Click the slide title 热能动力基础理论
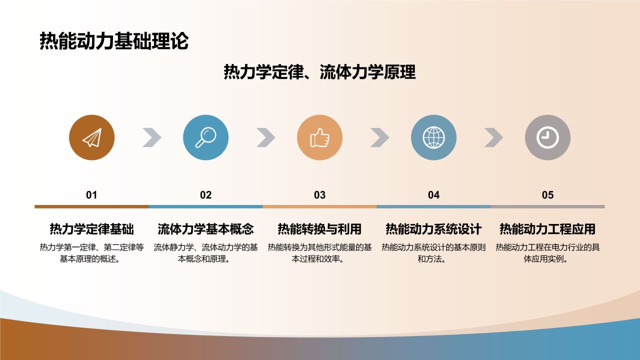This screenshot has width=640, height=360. tap(114, 41)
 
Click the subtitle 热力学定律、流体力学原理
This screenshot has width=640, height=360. tap(319, 72)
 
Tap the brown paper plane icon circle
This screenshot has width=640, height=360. tap(91, 137)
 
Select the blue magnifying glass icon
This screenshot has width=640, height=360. tap(205, 137)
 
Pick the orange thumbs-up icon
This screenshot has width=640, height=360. tap(319, 137)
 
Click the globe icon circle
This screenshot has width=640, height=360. tap(433, 137)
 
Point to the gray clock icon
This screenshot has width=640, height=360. tap(547, 137)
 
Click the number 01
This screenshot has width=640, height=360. tap(91, 195)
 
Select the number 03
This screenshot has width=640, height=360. tap(319, 195)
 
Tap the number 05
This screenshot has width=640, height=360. tap(547, 195)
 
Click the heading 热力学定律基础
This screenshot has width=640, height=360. tap(91, 229)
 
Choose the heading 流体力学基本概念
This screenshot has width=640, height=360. tap(205, 229)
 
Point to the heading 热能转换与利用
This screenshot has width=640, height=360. tap(319, 229)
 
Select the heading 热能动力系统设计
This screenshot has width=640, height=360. tap(433, 229)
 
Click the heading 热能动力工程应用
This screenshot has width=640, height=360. tap(547, 229)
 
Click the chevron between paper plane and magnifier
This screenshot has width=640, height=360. tap(152, 137)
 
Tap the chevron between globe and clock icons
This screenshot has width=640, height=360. tap(494, 137)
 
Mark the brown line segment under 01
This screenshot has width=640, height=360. tap(91, 206)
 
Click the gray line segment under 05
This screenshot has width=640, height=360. tap(547, 206)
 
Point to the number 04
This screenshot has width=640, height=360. tap(433, 195)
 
